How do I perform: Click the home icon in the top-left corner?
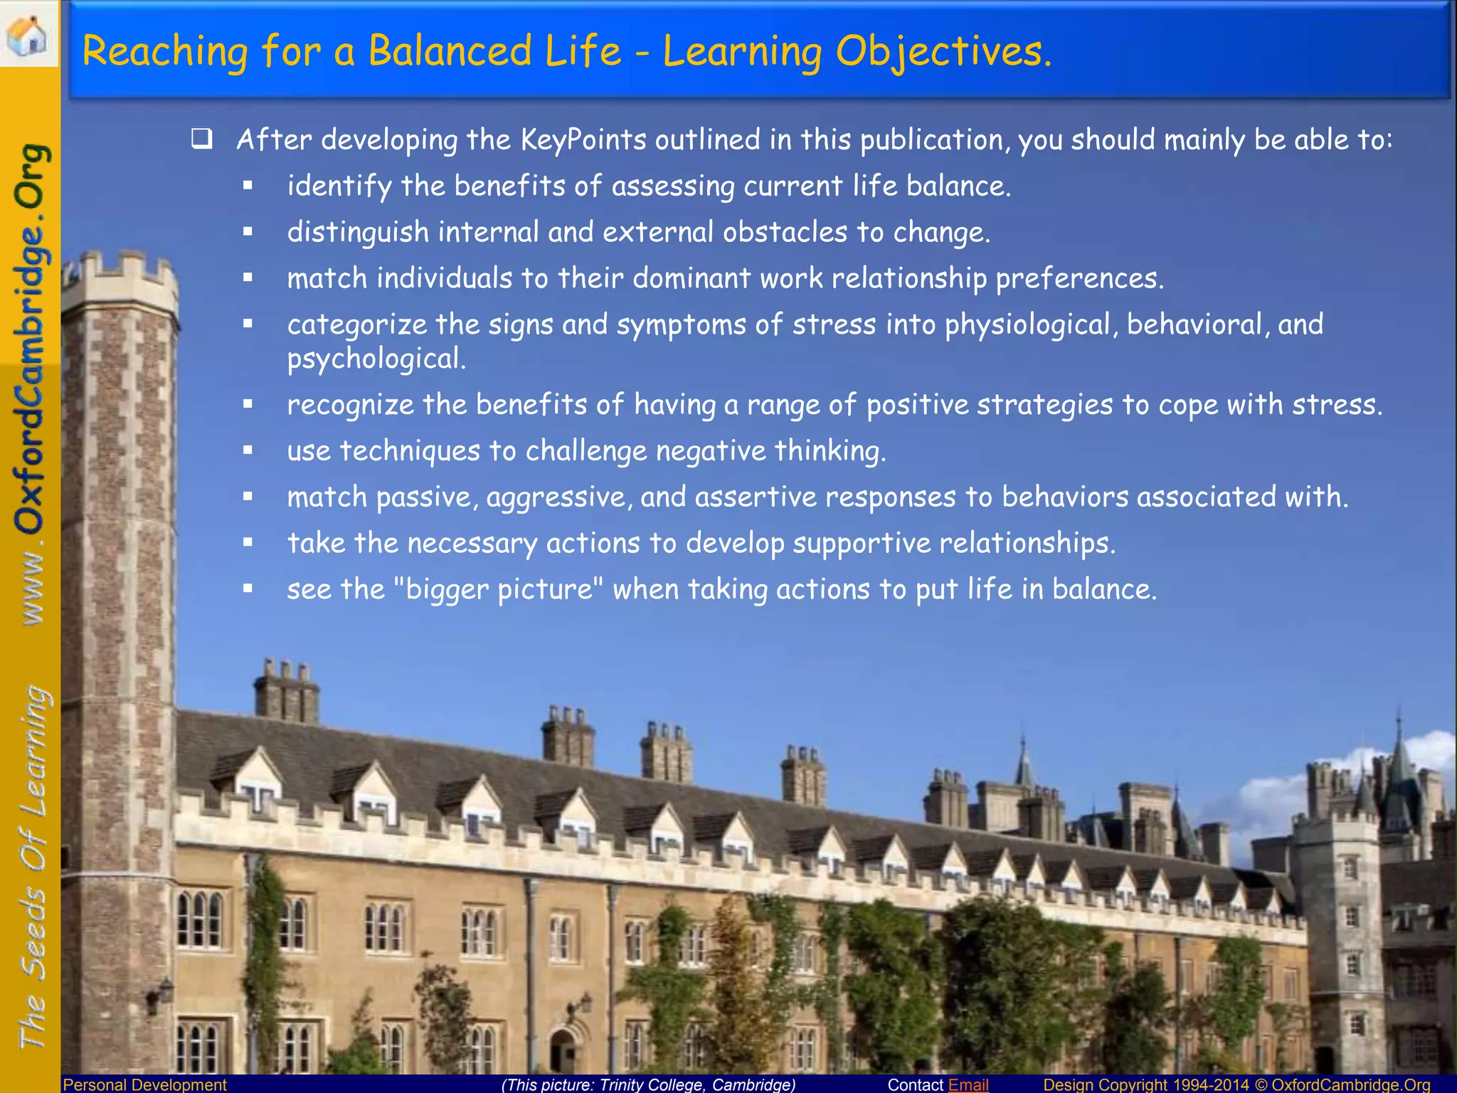(x=28, y=34)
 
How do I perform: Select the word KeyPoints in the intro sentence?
(x=583, y=139)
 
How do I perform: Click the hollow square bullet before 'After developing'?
(x=202, y=139)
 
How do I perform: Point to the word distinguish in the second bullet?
(x=358, y=233)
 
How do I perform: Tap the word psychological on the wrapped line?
(x=376, y=359)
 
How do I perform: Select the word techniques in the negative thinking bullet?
(x=410, y=451)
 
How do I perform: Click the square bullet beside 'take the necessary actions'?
(x=248, y=543)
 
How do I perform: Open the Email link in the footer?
(x=968, y=1084)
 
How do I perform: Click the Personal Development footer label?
(x=145, y=1084)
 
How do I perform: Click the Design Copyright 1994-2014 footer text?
(x=1145, y=1084)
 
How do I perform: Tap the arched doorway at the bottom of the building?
(x=563, y=1050)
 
